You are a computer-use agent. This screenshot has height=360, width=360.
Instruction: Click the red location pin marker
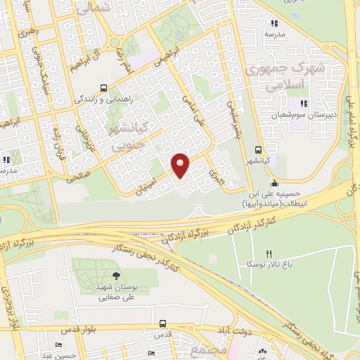pos(181,163)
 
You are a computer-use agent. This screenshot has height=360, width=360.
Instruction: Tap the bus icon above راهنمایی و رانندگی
pos(104,89)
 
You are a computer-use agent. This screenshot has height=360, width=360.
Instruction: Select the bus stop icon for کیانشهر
pos(259,150)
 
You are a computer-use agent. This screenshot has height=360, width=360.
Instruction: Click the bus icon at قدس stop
pos(163,324)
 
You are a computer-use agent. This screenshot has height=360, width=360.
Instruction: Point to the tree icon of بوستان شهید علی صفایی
pos(117,276)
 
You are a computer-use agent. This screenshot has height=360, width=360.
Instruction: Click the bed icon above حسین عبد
pos(57,345)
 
